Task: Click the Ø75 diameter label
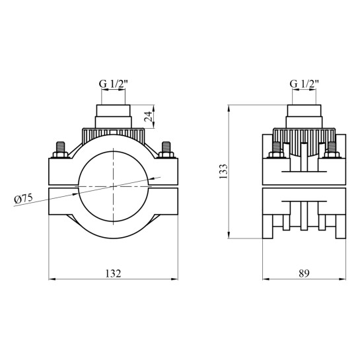click(23, 198)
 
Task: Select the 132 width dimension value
click(113, 273)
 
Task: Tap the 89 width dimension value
click(304, 273)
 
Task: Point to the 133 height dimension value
click(223, 171)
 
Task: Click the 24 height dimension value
click(148, 116)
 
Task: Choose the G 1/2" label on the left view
click(113, 84)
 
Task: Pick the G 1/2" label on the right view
click(305, 84)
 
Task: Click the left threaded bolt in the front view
click(60, 150)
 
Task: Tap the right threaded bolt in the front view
click(166, 150)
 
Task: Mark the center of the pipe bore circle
click(114, 186)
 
